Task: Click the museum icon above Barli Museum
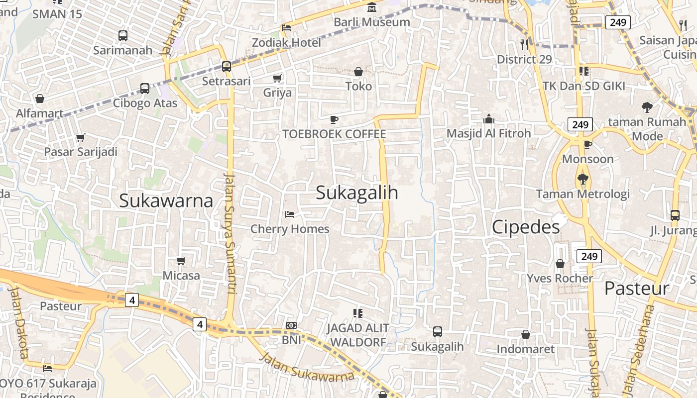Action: click(372, 7)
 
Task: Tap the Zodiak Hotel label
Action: click(286, 42)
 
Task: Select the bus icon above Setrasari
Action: click(226, 66)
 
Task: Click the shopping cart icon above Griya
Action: click(277, 78)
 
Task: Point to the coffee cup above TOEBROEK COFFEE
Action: click(334, 119)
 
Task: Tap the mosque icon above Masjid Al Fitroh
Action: click(488, 119)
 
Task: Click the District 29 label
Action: click(524, 59)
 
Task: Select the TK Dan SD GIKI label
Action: click(583, 86)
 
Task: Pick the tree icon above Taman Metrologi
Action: click(582, 179)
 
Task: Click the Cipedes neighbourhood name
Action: click(526, 227)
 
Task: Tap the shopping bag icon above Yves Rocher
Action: click(560, 263)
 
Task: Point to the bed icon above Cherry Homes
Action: click(290, 214)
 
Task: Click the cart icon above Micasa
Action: click(181, 261)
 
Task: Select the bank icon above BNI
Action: click(291, 325)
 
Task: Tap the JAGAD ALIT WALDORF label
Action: click(358, 335)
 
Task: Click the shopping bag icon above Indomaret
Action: click(525, 334)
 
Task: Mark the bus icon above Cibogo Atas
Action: click(145, 89)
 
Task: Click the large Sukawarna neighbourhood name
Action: click(166, 200)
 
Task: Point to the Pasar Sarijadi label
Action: click(81, 152)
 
